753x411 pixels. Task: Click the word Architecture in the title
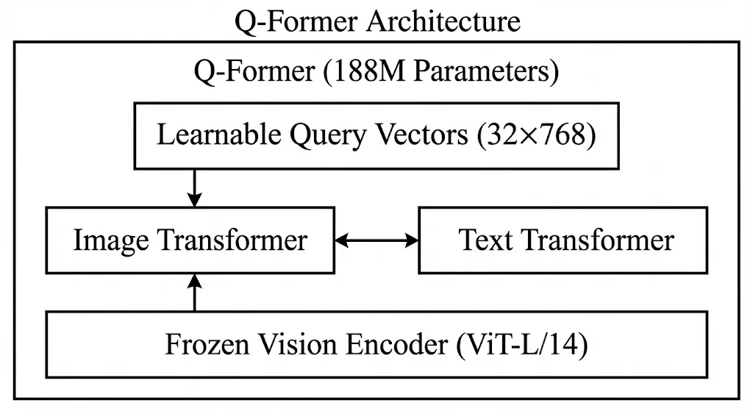click(x=443, y=21)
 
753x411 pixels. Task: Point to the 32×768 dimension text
click(x=536, y=135)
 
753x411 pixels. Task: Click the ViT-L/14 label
click(x=522, y=345)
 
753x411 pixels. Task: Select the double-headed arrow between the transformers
click(x=376, y=240)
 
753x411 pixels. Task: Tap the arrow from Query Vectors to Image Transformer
click(x=194, y=188)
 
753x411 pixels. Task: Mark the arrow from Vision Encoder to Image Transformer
click(x=194, y=293)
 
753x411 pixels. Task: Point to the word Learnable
click(x=219, y=135)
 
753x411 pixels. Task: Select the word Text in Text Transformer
click(x=485, y=240)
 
